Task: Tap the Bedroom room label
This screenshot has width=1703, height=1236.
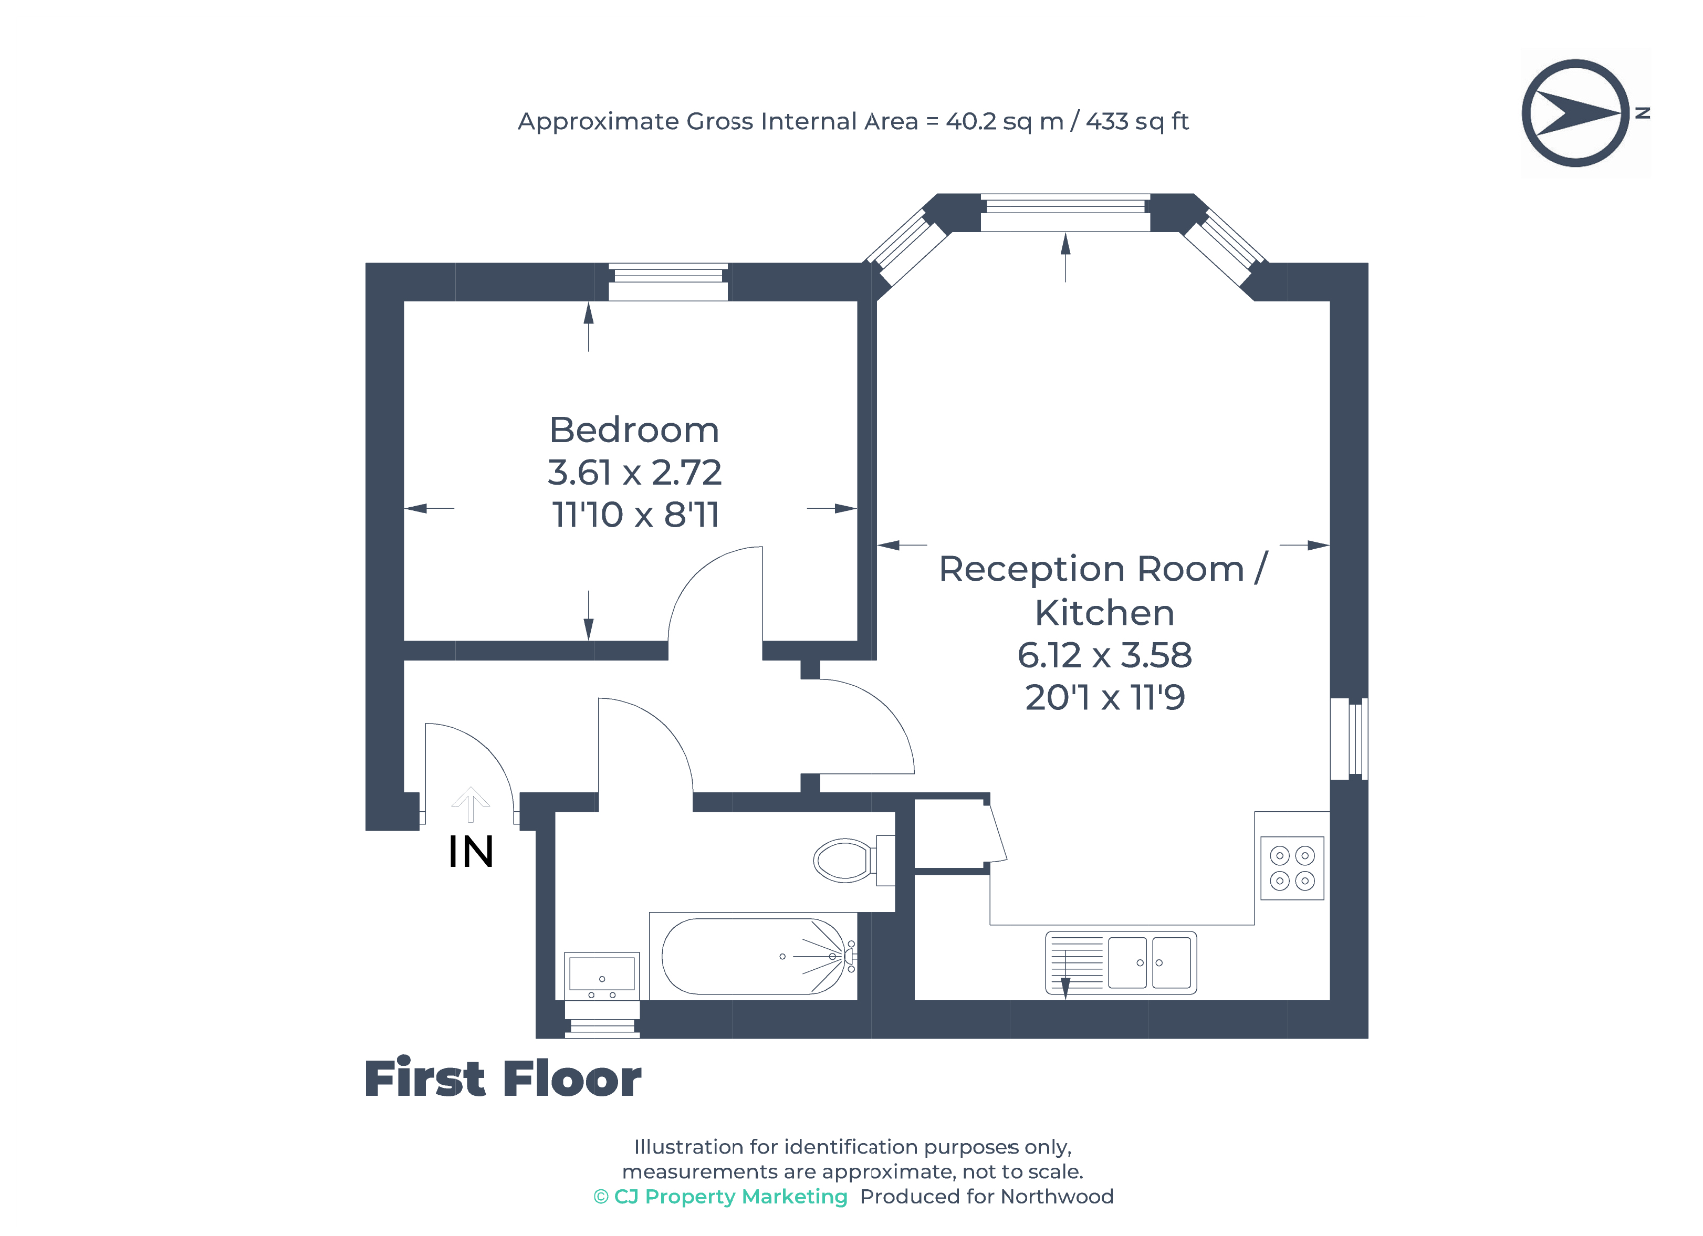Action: point(634,430)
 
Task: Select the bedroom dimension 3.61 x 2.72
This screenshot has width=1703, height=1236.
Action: point(634,473)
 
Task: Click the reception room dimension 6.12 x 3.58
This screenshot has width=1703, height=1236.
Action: point(1104,655)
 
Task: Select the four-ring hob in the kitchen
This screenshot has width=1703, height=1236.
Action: point(1291,867)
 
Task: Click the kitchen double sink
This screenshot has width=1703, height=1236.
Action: point(1149,962)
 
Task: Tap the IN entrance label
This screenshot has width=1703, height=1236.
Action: point(471,852)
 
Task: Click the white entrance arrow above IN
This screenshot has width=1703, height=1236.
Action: point(471,803)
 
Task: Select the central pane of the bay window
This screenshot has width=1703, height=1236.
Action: point(1065,213)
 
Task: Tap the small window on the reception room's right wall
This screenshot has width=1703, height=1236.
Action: point(1349,739)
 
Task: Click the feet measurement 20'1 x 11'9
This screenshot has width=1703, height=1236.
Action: point(1104,698)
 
